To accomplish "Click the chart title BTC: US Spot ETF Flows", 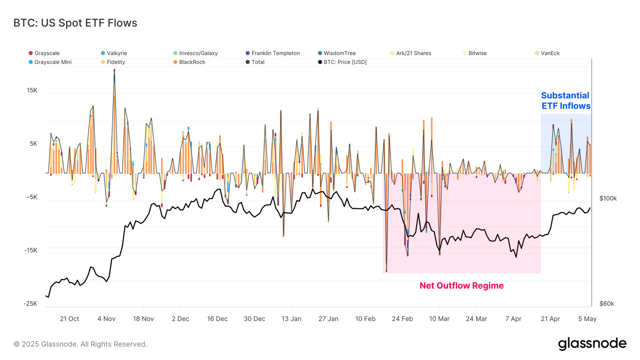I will pos(75,23).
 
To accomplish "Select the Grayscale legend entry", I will pos(46,53).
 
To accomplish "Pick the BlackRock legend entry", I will pos(192,62).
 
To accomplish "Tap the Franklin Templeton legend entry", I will pos(275,53).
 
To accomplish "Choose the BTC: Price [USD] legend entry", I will pos(344,62).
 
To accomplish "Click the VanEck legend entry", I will pos(550,53).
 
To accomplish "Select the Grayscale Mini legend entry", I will pos(52,62).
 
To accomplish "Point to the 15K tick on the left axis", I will pos(32,90).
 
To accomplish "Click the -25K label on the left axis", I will pos(30,304).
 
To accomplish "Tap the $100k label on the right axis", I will pos(608,198).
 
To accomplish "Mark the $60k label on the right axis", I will pos(606,304).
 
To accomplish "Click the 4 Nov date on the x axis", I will pos(106,319).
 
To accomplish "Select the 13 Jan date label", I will pos(291,319).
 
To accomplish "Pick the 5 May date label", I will pos(587,319).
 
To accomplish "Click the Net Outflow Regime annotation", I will pos(461,286).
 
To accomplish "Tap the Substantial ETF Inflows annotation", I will pos(566,101).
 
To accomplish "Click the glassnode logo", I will pos(592,344).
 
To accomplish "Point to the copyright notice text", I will pos(80,344).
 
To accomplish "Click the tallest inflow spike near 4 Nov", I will pos(114,71).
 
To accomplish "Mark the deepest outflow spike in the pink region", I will pos(386,270).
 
